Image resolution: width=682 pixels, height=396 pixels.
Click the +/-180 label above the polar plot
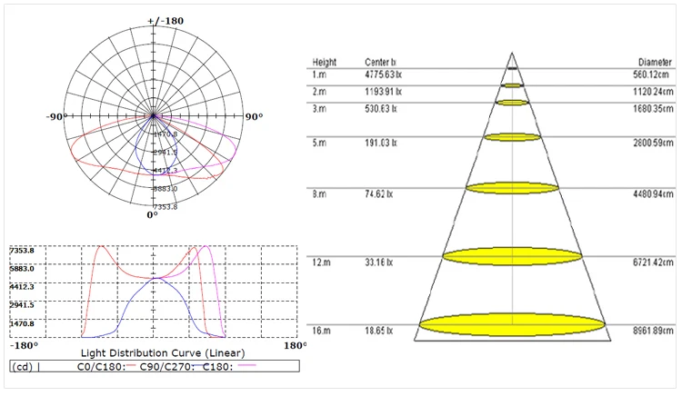coord(153,20)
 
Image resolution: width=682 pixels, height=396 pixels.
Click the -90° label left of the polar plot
coord(59,117)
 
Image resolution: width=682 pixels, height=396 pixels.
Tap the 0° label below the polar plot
coord(154,215)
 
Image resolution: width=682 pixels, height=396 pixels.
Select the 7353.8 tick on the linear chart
coord(22,251)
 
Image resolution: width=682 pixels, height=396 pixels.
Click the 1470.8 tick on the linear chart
coord(22,323)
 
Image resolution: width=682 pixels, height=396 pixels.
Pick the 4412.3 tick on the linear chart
coord(22,287)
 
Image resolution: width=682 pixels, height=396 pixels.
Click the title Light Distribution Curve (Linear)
coord(163,351)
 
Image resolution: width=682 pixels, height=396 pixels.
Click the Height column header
coord(325,63)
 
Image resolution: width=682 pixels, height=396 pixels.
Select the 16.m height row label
coord(320,329)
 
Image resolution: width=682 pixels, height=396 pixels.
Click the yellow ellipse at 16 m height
coord(513,322)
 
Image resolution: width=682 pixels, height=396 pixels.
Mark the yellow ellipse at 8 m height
coord(513,188)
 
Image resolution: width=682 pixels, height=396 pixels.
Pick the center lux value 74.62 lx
coord(378,194)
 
